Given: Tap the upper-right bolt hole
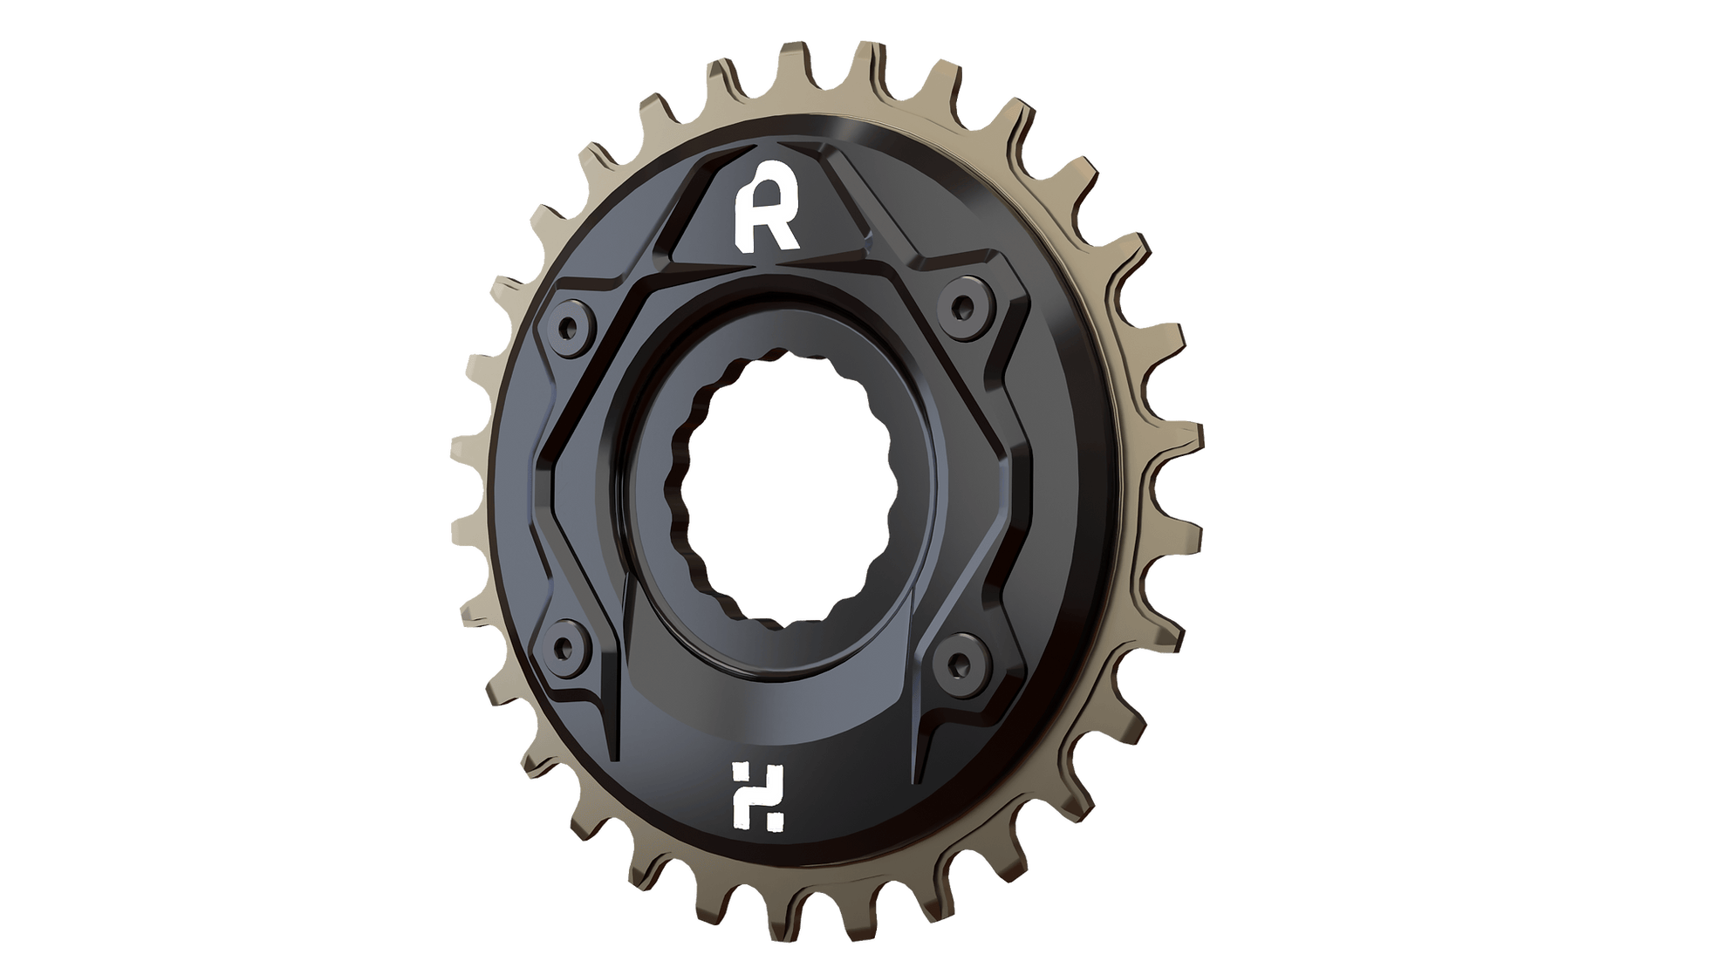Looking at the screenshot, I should (962, 306).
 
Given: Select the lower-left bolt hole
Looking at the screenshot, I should (567, 646).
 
